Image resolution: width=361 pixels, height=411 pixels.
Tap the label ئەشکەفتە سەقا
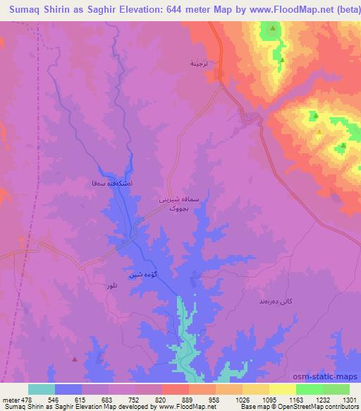tap(104, 182)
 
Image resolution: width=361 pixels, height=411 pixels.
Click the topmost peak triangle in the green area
tap(272, 28)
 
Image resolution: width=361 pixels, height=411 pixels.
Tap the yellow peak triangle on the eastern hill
tap(319, 131)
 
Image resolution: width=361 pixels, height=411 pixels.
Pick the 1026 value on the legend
tap(229, 399)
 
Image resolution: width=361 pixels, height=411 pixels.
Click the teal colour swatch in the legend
tap(41, 389)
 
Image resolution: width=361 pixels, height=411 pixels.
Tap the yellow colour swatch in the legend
tap(282, 389)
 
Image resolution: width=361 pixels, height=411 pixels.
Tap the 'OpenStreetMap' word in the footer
tap(311, 407)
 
